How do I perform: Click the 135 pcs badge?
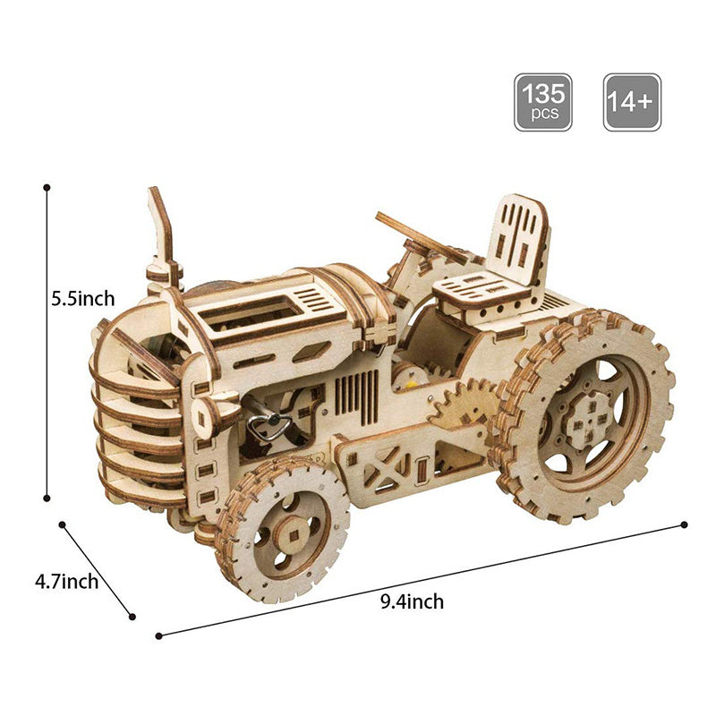pos(542,102)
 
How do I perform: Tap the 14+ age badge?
pos(632,102)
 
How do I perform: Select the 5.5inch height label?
pos(82,299)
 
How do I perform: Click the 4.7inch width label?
pos(66,582)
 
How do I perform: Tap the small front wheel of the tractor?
pos(281,530)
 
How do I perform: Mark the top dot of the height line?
pos(47,188)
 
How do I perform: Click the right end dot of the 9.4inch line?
pos(685,524)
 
